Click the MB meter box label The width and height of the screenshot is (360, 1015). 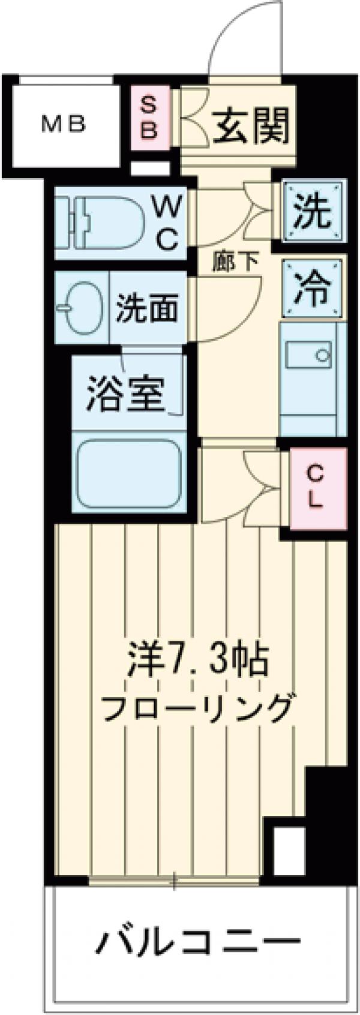click(x=64, y=125)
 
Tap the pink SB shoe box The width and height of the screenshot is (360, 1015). click(x=149, y=118)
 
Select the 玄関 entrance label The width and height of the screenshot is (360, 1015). click(x=251, y=125)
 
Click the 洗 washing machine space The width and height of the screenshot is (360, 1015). click(x=313, y=212)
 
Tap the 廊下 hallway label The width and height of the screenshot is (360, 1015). click(x=235, y=262)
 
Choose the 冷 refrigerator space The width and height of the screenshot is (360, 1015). click(x=313, y=289)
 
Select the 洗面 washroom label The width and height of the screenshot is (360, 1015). click(x=147, y=308)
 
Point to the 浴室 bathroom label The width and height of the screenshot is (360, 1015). click(x=126, y=393)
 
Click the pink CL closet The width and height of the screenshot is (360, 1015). click(x=315, y=487)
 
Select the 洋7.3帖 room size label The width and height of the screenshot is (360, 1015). click(x=198, y=660)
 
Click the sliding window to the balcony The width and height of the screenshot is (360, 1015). click(x=174, y=881)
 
